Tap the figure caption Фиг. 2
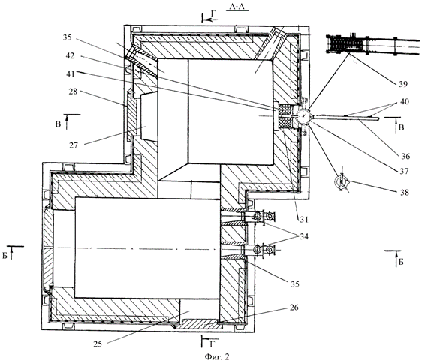[217, 355]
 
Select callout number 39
[403, 84]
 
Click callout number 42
[70, 56]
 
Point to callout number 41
[71, 73]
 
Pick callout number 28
[73, 91]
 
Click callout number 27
[73, 145]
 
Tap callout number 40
[404, 102]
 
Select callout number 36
[405, 156]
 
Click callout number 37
[404, 171]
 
